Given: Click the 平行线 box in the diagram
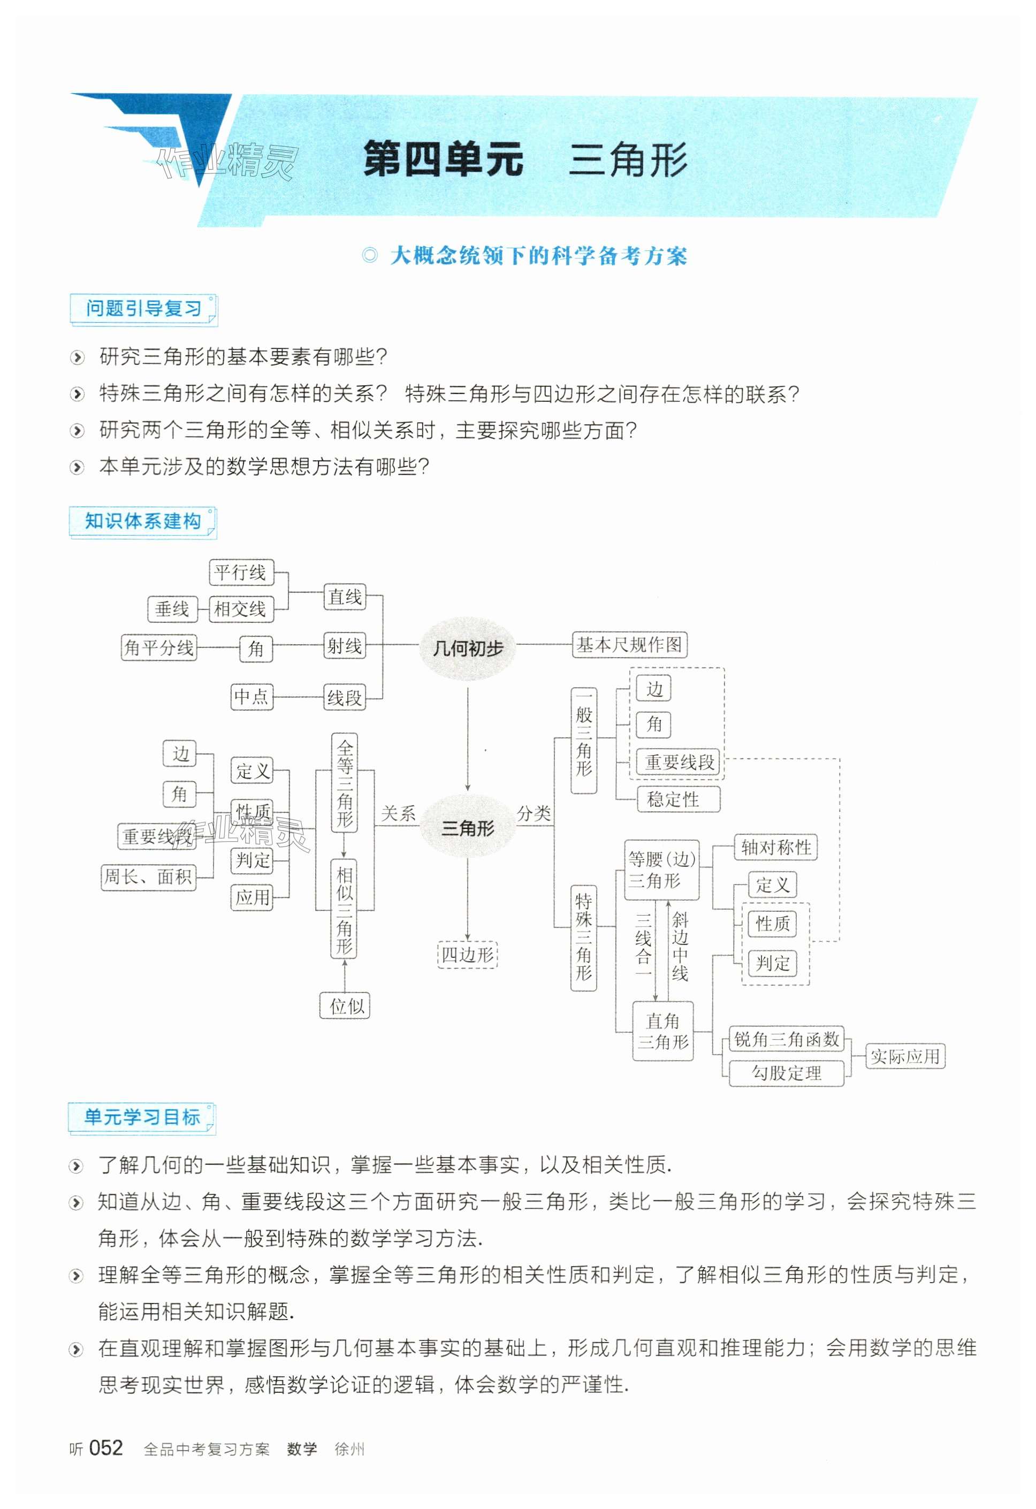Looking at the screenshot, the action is tap(240, 572).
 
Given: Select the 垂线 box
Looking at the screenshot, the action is tap(171, 609).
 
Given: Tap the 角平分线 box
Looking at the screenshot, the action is tap(158, 647).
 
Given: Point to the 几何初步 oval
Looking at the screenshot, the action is tap(468, 648).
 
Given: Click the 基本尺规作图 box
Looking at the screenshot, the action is tap(629, 645).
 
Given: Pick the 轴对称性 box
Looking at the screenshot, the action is tap(775, 848).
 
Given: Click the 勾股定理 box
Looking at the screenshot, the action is tap(786, 1073).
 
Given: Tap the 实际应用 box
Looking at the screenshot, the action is tap(905, 1056).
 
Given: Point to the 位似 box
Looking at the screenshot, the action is tap(346, 1006).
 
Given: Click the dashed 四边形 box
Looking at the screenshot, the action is tap(468, 955).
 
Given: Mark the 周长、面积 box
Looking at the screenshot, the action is tap(148, 877).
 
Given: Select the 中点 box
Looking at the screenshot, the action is tap(252, 697).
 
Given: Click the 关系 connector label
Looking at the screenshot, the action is tap(398, 813).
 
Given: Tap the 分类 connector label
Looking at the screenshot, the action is tap(534, 813).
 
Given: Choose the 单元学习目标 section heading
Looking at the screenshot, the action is tap(142, 1117).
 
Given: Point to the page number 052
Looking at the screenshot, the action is tap(105, 1448).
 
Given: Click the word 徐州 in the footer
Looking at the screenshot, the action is tap(349, 1449).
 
